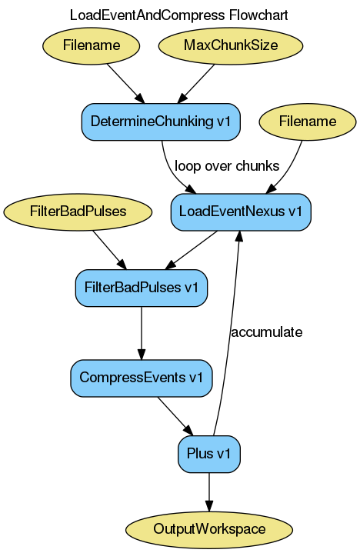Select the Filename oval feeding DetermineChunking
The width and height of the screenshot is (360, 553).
92,45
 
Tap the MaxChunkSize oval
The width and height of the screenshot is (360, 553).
231,45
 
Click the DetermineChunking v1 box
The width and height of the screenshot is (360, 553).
161,121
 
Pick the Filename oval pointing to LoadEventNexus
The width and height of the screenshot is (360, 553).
308,122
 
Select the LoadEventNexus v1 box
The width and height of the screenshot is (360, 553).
241,211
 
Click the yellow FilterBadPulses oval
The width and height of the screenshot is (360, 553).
77,211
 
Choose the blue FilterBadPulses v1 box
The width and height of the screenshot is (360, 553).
142,288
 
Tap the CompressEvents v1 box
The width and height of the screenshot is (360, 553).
142,378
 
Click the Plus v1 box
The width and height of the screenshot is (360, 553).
209,454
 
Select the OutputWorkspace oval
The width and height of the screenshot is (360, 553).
209,529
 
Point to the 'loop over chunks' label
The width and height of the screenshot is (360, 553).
227,166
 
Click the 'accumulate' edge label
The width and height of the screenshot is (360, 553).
266,332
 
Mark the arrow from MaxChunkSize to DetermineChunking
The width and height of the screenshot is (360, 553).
197,82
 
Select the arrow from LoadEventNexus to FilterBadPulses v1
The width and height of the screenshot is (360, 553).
192,249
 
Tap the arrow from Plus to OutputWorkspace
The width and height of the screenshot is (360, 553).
209,491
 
